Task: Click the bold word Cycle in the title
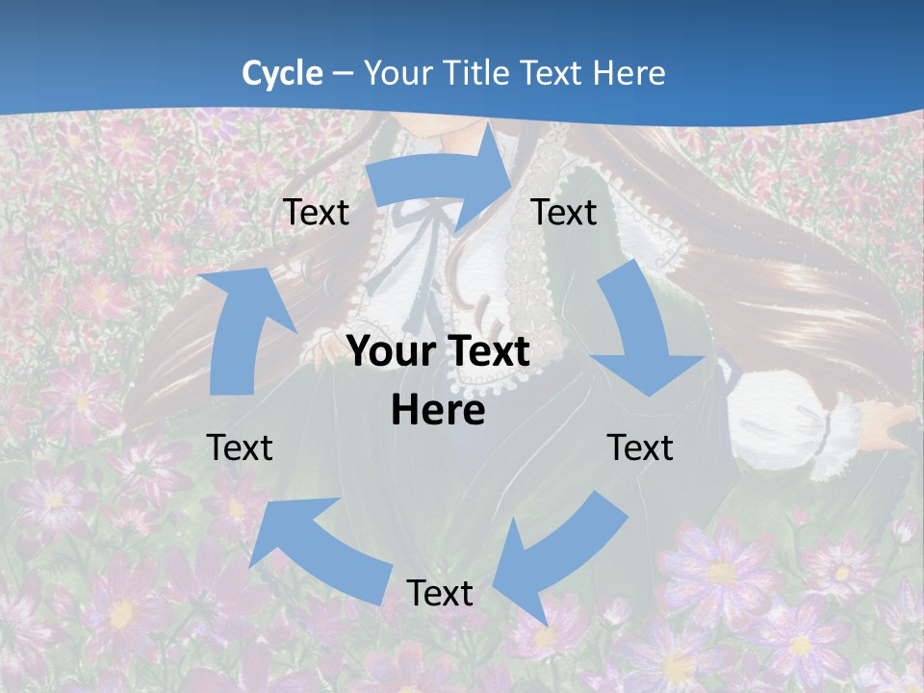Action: pyautogui.click(x=282, y=73)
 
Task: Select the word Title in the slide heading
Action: pyautogui.click(x=477, y=73)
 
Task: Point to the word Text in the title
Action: pyautogui.click(x=552, y=73)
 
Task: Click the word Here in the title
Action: pyautogui.click(x=629, y=73)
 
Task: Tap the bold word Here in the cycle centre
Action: pyautogui.click(x=438, y=411)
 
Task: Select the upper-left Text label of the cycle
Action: pyautogui.click(x=316, y=212)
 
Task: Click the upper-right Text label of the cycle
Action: pyautogui.click(x=564, y=212)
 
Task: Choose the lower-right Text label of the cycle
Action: pyautogui.click(x=640, y=448)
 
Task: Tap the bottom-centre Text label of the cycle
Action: pyautogui.click(x=440, y=593)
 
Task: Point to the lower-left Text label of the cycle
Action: pyautogui.click(x=240, y=448)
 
